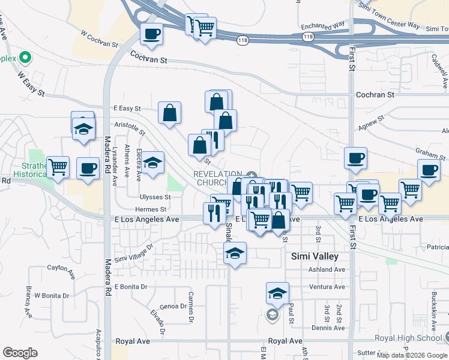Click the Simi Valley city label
pyautogui.click(x=315, y=256)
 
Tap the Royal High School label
pyautogui.click(x=408, y=338)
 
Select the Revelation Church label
pyautogui.click(x=217, y=178)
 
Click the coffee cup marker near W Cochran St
pyautogui.click(x=152, y=34)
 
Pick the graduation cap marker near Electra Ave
pyautogui.click(x=152, y=161)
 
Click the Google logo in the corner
pyautogui.click(x=20, y=353)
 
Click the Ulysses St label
pyautogui.click(x=155, y=197)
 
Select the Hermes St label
pyautogui.click(x=151, y=209)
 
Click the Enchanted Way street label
pyautogui.click(x=324, y=26)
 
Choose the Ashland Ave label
pyautogui.click(x=327, y=269)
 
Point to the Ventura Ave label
pyautogui.click(x=327, y=287)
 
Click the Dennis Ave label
pyautogui.click(x=328, y=328)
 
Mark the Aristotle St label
pyautogui.click(x=130, y=128)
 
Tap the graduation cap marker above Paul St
pyautogui.click(x=277, y=293)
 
